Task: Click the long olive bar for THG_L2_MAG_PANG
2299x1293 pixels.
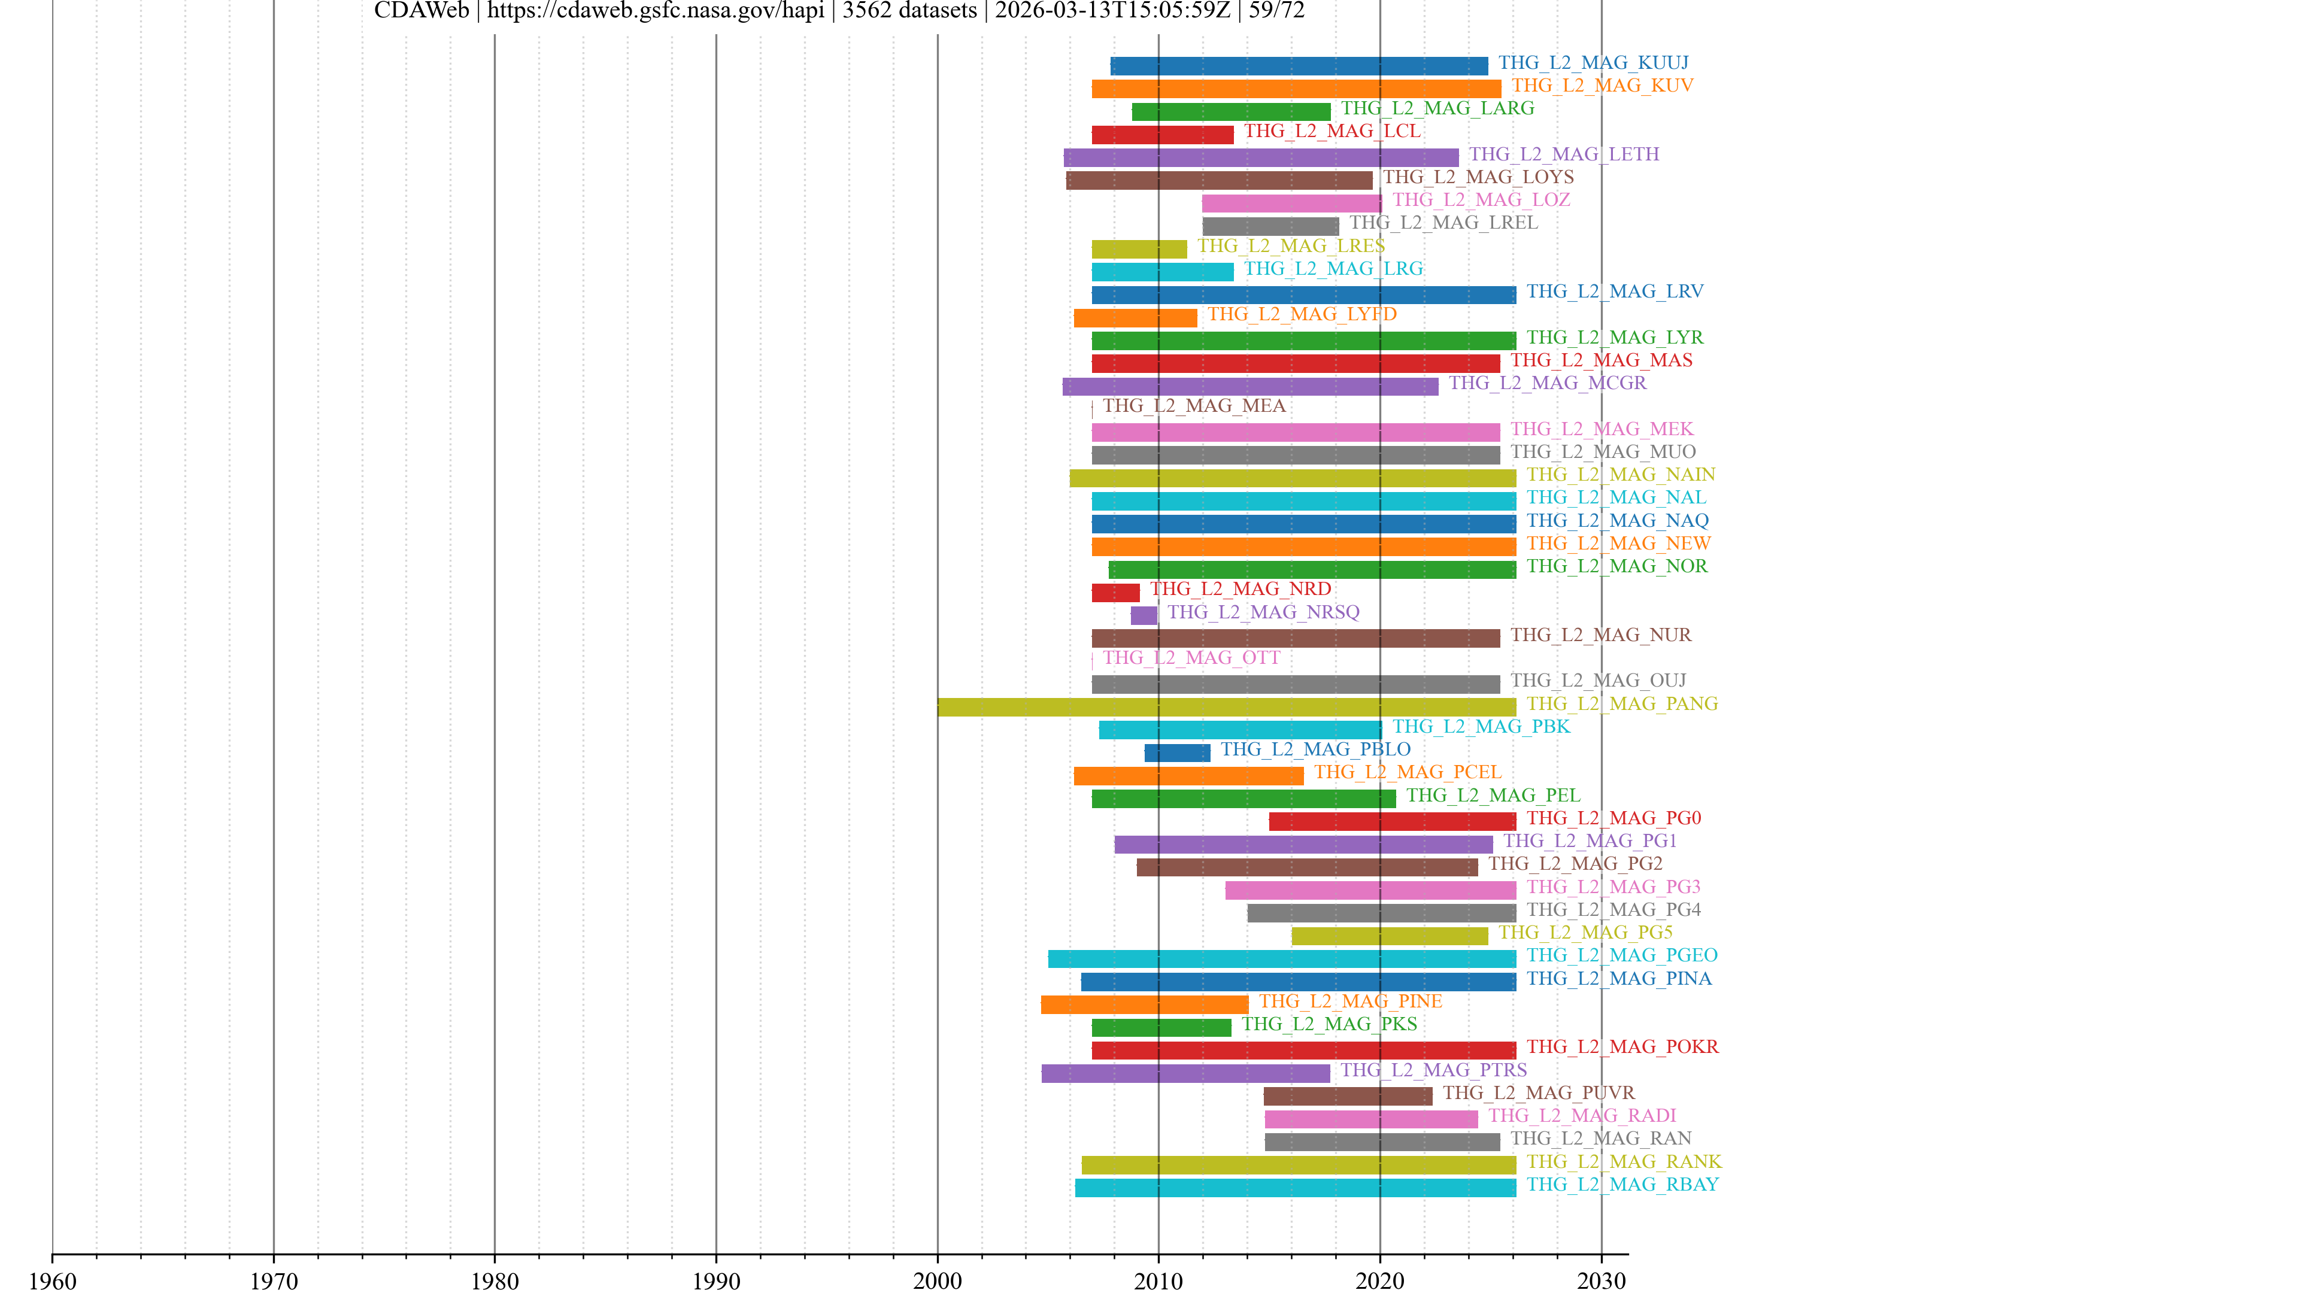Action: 1226,707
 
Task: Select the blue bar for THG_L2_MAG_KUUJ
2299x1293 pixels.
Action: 1299,66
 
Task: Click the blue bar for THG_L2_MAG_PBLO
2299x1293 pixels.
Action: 1177,753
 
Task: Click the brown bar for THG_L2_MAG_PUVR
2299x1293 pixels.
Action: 1348,1097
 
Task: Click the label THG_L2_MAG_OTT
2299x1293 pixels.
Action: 1191,658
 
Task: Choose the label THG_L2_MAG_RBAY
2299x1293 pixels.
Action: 1622,1184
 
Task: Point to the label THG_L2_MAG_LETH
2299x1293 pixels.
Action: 1564,154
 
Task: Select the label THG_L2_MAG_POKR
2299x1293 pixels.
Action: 1622,1047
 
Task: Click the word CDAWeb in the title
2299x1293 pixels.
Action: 421,11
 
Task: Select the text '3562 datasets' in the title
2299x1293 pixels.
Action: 909,11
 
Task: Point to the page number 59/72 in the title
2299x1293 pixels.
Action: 1276,11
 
